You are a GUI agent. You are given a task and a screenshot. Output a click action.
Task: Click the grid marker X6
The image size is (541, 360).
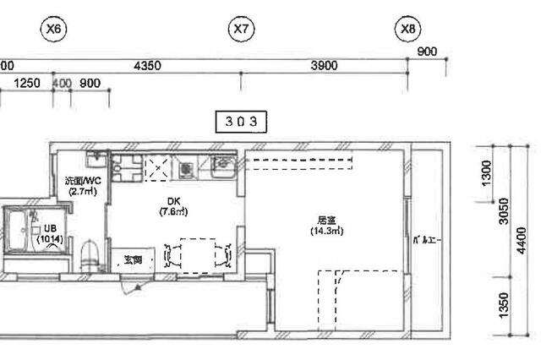coord(54,30)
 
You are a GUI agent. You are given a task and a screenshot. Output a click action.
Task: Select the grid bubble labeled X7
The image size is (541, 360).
coord(242,30)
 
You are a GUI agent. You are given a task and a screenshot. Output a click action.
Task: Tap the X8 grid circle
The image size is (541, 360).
coord(408,30)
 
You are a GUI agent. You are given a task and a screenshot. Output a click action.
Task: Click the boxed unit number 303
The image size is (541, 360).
coord(241,121)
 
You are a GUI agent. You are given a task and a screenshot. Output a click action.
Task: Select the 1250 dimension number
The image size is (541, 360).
coord(28,83)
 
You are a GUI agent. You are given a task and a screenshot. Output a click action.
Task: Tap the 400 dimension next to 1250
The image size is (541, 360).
coord(62,83)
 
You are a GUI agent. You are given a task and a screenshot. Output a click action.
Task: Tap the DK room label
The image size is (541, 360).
coord(173,200)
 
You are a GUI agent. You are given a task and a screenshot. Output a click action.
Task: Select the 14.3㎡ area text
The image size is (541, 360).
coord(326,231)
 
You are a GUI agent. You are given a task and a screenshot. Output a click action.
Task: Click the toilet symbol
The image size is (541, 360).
coord(89,252)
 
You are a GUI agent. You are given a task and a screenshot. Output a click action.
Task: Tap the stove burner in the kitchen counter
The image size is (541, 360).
coord(185,170)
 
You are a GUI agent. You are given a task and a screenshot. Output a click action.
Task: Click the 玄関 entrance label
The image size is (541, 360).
coord(134,259)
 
